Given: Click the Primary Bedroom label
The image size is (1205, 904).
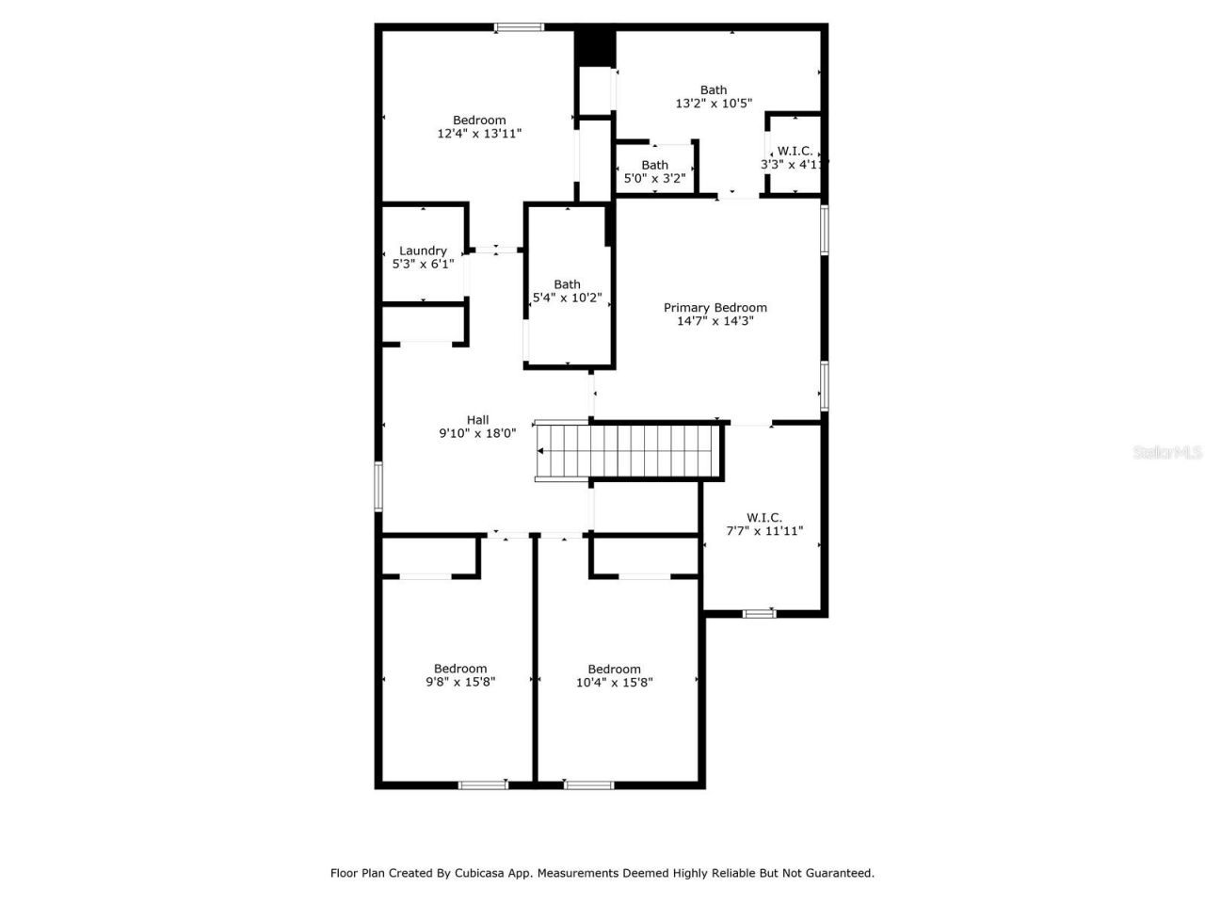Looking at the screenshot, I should (715, 308).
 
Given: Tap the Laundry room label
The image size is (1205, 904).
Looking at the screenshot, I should (423, 250).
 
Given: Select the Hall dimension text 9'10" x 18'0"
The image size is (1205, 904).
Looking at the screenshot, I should (477, 434).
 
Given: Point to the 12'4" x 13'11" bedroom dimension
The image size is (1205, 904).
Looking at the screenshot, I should (479, 134).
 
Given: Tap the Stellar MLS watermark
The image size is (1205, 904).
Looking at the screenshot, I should (1167, 453).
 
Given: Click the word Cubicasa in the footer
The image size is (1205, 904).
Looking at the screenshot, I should (481, 873).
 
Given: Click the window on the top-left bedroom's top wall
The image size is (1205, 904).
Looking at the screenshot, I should (520, 27).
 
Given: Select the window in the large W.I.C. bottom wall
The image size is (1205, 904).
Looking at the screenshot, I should (759, 614).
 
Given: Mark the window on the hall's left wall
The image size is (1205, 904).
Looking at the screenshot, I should (378, 486).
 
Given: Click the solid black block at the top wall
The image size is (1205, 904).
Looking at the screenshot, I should (595, 45).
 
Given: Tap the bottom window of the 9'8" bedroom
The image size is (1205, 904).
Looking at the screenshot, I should (483, 784).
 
